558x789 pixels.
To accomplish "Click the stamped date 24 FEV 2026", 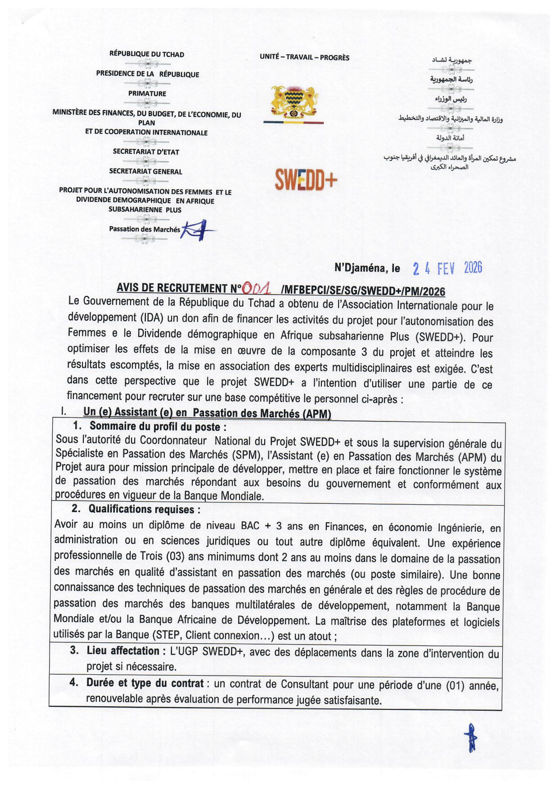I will tap(447, 268).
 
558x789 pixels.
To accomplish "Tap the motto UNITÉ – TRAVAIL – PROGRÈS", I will tap(304, 57).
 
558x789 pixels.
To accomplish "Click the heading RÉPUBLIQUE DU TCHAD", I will tap(147, 54).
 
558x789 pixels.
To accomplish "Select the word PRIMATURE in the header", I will tap(147, 93).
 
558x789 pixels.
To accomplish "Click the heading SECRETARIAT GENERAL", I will tap(146, 171).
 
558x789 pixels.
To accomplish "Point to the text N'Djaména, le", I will tap(367, 268).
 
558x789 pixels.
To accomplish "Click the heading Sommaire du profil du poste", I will tap(158, 427).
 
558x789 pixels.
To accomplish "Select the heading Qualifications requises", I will tap(144, 509).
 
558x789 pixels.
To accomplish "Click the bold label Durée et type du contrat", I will tap(145, 683).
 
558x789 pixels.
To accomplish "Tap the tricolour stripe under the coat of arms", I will tap(293, 122).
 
